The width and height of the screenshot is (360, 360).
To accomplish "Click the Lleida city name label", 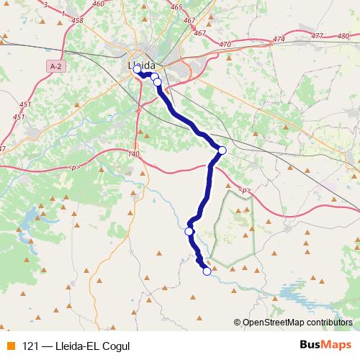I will click(x=146, y=66).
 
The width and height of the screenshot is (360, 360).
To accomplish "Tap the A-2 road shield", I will click(x=55, y=66).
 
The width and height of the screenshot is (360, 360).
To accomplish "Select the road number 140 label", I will click(x=132, y=154).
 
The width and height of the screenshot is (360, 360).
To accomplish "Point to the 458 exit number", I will click(x=78, y=20).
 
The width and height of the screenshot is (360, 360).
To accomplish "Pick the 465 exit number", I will click(x=176, y=7).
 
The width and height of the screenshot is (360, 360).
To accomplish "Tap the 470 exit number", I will click(x=225, y=45).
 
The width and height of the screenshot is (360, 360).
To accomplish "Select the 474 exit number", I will click(x=279, y=38).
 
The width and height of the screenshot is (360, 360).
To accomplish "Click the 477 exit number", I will click(x=317, y=35).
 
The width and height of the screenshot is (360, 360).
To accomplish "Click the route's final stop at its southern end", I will click(x=207, y=271).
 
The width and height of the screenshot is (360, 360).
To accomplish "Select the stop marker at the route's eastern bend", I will click(x=222, y=150).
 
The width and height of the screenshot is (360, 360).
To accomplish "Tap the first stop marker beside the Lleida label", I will click(x=137, y=70).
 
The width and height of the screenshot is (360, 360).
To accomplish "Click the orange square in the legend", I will click(x=9, y=345).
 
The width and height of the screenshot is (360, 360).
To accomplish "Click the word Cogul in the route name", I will click(x=116, y=345).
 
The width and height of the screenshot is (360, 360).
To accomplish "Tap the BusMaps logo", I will click(x=325, y=344).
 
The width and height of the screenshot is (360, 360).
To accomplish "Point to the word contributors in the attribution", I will click(x=329, y=323).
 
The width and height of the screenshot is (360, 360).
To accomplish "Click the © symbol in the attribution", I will click(x=238, y=323).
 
